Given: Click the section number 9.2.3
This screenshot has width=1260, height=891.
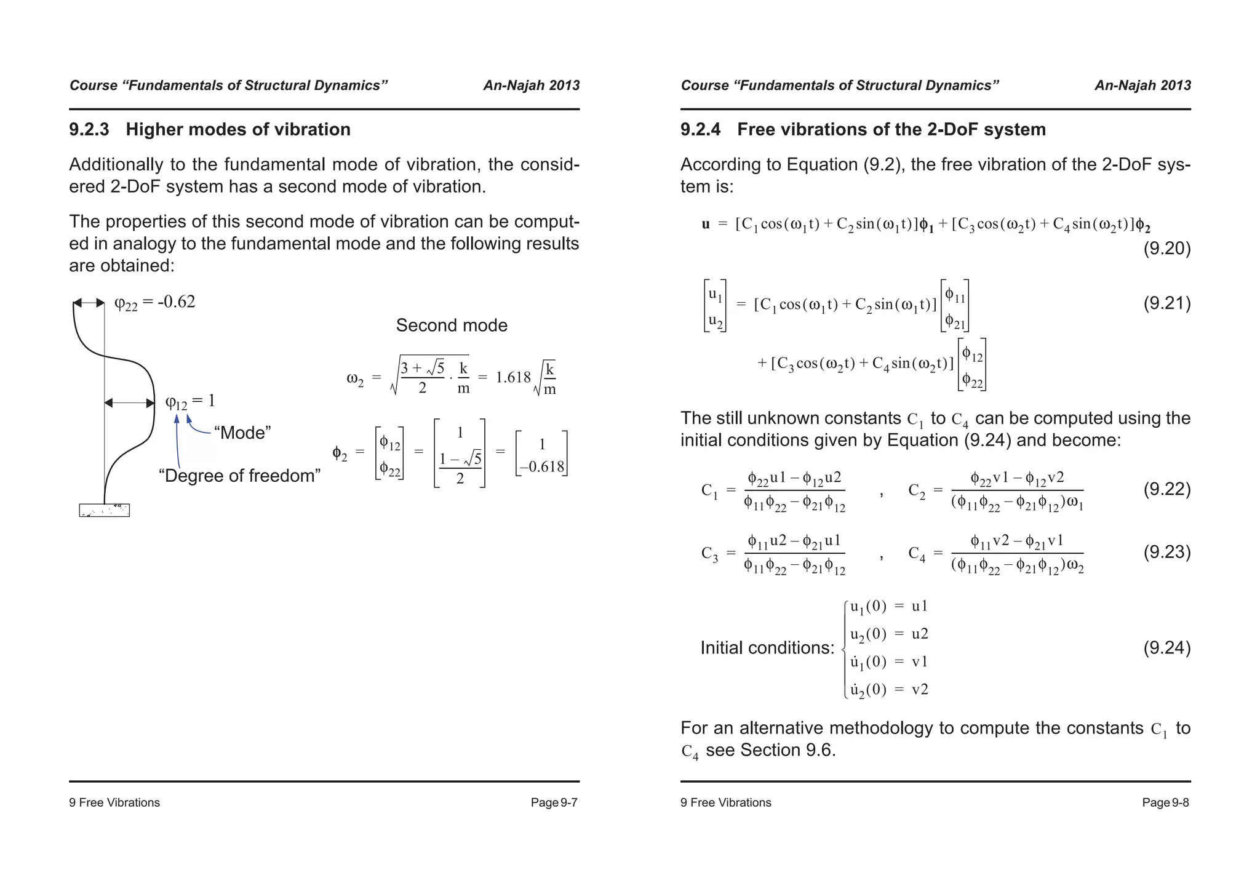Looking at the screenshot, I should click(x=89, y=130).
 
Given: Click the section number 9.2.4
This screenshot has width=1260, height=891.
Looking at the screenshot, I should click(x=700, y=130).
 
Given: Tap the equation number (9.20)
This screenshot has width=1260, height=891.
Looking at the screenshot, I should click(x=1166, y=249).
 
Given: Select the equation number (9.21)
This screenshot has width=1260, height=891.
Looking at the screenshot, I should click(x=1166, y=303).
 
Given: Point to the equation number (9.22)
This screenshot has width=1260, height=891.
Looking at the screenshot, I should click(x=1166, y=489).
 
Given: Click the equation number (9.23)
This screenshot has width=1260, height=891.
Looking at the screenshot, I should click(x=1166, y=552).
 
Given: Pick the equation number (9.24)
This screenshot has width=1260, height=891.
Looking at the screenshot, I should click(x=1166, y=648).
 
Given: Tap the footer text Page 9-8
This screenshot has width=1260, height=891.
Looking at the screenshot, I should click(x=1165, y=802).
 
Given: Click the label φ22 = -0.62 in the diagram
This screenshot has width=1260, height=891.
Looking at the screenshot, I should click(x=154, y=302).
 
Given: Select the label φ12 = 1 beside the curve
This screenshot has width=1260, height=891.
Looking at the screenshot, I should click(x=190, y=402).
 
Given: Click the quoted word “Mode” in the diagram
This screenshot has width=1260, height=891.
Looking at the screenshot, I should click(x=242, y=433).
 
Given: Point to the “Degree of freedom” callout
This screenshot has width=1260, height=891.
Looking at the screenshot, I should click(x=239, y=476).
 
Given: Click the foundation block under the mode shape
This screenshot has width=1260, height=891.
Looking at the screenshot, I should click(x=104, y=510).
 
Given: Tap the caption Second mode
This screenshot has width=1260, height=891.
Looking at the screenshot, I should click(x=452, y=326).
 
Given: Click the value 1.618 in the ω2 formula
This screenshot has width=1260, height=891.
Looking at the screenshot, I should click(x=512, y=377).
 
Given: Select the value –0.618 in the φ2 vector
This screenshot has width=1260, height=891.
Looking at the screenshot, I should click(x=541, y=466).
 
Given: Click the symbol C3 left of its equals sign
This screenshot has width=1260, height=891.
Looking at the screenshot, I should click(x=709, y=553).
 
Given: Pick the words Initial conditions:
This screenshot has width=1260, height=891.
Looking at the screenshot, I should click(x=767, y=648).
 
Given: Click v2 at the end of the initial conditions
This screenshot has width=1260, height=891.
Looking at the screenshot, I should click(x=920, y=689).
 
